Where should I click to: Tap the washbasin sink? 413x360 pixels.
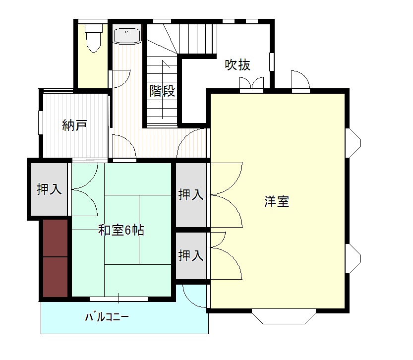(x=127, y=36)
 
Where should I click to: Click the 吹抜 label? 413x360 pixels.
(x=237, y=65)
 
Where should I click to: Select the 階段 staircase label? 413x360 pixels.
(x=162, y=91)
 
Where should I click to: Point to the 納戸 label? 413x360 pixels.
(x=74, y=125)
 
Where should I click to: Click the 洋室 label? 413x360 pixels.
(x=277, y=201)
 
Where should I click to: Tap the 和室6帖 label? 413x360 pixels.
(x=121, y=230)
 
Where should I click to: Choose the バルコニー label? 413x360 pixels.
(x=107, y=317)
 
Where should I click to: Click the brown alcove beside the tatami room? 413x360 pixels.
(x=56, y=258)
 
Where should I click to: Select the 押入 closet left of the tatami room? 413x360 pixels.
(x=49, y=189)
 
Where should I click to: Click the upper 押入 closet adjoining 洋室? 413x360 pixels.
(x=191, y=195)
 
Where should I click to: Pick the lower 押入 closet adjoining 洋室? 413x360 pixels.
(x=191, y=255)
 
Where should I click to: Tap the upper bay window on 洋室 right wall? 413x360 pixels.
(x=353, y=143)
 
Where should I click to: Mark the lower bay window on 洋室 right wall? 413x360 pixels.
(x=353, y=259)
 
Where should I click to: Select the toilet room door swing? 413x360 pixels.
(x=120, y=79)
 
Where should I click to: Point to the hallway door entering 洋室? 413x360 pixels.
(x=192, y=143)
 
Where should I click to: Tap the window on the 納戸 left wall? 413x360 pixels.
(x=41, y=122)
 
